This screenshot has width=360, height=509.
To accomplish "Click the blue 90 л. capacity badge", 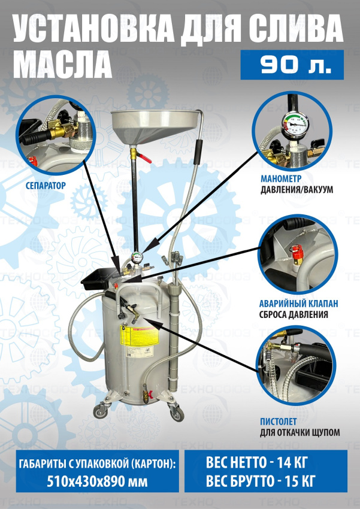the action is [292, 65].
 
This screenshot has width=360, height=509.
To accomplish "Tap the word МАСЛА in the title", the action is [63, 65].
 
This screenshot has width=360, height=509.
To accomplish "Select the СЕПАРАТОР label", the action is [46, 186].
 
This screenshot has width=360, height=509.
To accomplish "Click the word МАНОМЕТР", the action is [281, 178].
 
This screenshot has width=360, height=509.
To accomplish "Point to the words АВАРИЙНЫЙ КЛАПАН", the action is [299, 304].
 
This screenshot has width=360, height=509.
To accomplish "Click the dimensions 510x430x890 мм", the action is [97, 481].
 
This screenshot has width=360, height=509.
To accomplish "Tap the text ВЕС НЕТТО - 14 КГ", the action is [256, 463].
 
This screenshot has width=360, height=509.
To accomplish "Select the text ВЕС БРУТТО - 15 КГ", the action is [261, 481].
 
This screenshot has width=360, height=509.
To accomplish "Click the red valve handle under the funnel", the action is [144, 159].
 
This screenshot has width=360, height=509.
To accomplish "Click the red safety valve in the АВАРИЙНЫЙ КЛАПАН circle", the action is [297, 255].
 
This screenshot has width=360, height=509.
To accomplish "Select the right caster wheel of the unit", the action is [177, 414].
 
